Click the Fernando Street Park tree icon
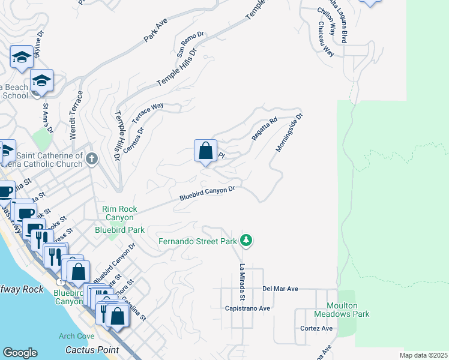click(246, 241)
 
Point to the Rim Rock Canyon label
click(119, 213)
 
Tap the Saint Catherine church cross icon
click(91, 159)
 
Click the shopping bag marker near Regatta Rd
click(205, 151)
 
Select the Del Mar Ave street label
click(280, 289)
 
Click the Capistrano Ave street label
click(248, 308)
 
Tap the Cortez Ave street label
click(316, 328)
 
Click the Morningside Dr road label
click(289, 133)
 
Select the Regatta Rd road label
click(264, 129)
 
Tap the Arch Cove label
click(73, 336)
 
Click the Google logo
click(20, 353)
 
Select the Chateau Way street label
click(326, 40)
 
